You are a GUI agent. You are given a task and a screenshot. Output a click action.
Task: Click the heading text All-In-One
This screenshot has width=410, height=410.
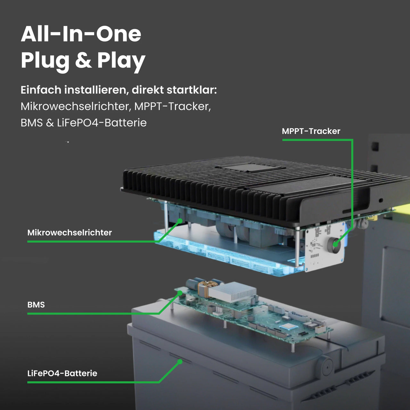click(81, 34)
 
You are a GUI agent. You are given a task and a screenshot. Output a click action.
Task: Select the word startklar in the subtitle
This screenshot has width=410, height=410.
click(192, 90)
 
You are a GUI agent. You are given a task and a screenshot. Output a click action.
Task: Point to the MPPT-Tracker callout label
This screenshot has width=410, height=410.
click(311, 131)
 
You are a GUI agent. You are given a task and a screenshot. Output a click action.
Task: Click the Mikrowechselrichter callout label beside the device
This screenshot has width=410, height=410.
click(70, 233)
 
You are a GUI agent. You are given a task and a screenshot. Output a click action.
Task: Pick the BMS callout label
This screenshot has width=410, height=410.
click(36, 305)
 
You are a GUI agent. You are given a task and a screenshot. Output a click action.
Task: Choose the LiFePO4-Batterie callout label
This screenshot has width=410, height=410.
click(62, 373)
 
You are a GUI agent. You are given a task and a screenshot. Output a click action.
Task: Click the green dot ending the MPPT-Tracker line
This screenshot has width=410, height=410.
click(335, 244)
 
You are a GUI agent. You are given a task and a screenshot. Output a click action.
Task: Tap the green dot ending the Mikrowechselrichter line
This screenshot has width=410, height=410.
click(180, 221)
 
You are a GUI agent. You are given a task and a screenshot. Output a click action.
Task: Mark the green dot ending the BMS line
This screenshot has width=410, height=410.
click(180, 293)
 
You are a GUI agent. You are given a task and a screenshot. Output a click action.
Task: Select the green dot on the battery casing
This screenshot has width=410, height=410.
click(180, 362)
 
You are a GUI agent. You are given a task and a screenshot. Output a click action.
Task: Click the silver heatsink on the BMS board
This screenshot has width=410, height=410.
click(233, 292)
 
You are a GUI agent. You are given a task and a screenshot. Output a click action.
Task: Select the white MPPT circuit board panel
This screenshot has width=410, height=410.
click(324, 247)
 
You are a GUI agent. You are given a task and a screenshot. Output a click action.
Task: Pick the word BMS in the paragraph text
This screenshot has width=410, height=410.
click(32, 123)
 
